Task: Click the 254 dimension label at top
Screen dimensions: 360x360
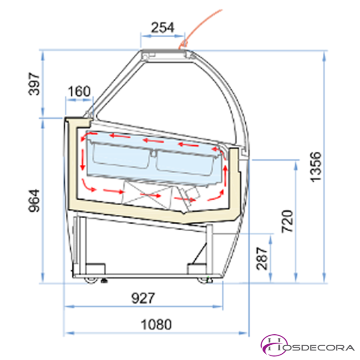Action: pos(162,27)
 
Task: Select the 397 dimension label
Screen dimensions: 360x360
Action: pos(34,84)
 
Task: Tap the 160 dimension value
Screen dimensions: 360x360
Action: pos(79,91)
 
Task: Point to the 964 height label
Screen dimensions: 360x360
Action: pos(34,201)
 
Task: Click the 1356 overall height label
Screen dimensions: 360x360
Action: pos(316,167)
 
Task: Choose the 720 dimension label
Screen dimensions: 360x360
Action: pos(287,221)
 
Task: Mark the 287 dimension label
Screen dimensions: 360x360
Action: pos(262,258)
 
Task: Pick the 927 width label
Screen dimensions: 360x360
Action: pos(143,298)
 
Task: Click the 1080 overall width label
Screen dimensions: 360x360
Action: pos(156,324)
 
